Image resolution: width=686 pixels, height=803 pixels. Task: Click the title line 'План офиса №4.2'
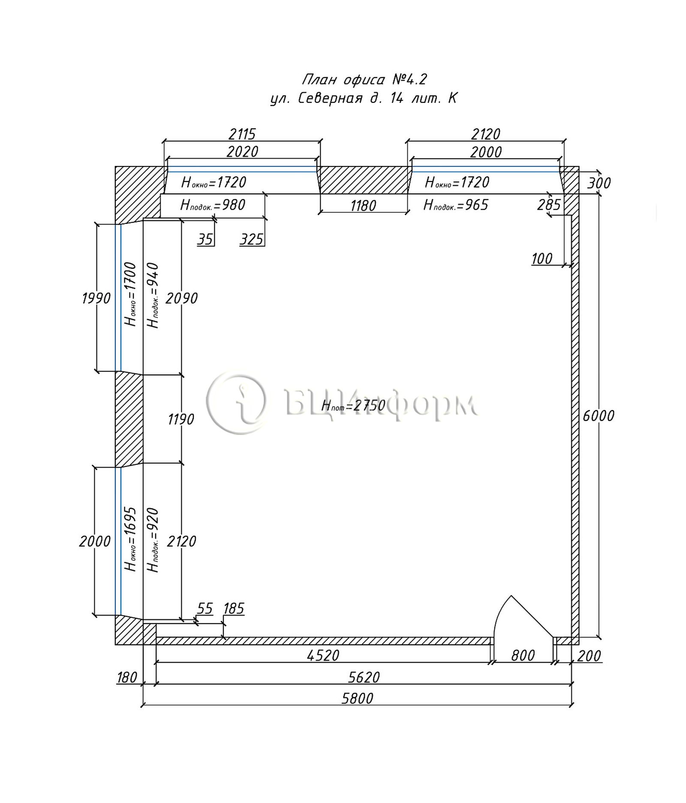[x=365, y=79]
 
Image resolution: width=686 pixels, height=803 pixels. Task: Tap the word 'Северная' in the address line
[x=330, y=99]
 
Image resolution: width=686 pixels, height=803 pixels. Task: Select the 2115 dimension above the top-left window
[x=242, y=134]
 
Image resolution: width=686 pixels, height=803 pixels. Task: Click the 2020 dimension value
[x=242, y=151]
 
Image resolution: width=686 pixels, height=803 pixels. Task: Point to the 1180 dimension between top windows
[x=363, y=206]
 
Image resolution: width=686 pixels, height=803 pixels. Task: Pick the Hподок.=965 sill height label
[x=456, y=205]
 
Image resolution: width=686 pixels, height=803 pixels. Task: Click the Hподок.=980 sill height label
[x=213, y=205]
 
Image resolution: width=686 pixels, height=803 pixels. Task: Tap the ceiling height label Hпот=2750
[x=353, y=405]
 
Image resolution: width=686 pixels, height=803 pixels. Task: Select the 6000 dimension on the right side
[x=598, y=415]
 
